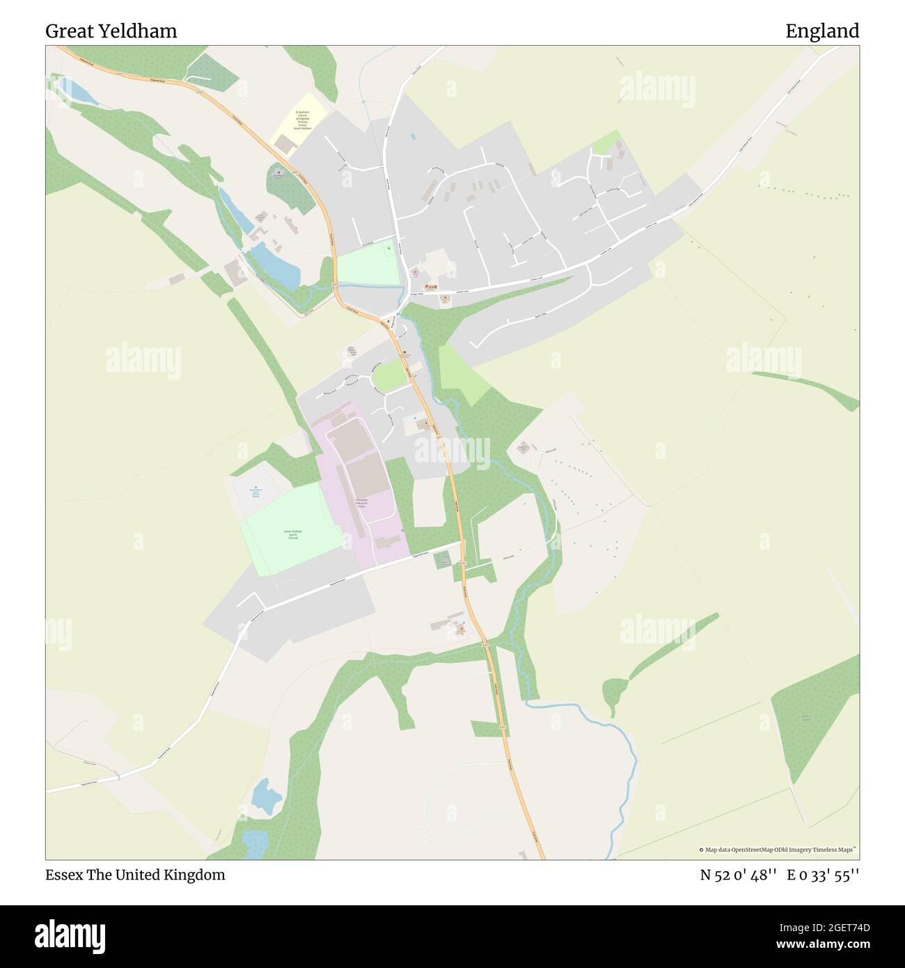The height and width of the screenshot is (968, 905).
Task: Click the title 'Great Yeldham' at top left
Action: click(111, 31)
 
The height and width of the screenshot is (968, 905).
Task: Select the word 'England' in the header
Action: click(822, 31)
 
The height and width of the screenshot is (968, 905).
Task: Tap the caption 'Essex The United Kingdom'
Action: click(135, 875)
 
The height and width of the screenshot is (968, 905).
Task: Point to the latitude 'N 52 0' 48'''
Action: click(738, 875)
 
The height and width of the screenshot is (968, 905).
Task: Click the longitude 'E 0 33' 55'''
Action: click(823, 875)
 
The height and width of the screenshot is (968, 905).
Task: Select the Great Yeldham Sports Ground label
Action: click(292, 535)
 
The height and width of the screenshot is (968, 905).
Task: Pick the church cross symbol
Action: click(278, 171)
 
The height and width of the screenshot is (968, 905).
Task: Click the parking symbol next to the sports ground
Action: click(255, 487)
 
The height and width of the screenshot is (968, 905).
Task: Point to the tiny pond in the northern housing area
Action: click(412, 136)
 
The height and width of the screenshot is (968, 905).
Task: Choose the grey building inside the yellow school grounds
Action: click(284, 143)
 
